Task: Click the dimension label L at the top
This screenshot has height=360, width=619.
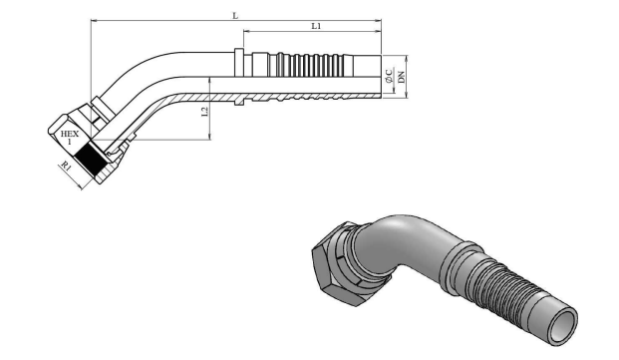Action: [x=235, y=16]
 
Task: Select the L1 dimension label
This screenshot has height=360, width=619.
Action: [x=316, y=26]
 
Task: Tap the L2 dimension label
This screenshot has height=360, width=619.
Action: [x=204, y=112]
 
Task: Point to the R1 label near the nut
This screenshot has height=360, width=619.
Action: [x=66, y=165]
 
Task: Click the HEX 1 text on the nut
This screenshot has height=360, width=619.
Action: [x=70, y=137]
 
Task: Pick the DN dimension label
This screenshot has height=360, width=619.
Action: [x=401, y=77]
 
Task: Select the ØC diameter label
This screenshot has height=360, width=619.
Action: [x=390, y=76]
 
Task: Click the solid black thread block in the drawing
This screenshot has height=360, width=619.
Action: [x=91, y=161]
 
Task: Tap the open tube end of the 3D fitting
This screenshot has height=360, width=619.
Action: [x=563, y=326]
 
